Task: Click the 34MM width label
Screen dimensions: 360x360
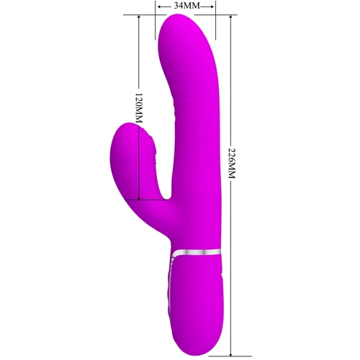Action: (x=186, y=6)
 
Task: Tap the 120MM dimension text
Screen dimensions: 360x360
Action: (x=139, y=108)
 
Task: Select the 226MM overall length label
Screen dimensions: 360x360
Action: (x=231, y=163)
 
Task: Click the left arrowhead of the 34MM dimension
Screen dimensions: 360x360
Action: (x=160, y=6)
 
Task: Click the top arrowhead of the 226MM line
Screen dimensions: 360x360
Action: (x=230, y=18)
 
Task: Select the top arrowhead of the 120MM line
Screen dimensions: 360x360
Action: (x=138, y=18)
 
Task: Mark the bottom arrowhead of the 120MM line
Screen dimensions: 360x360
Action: (x=138, y=197)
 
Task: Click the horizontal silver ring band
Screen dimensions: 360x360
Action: (x=197, y=252)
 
